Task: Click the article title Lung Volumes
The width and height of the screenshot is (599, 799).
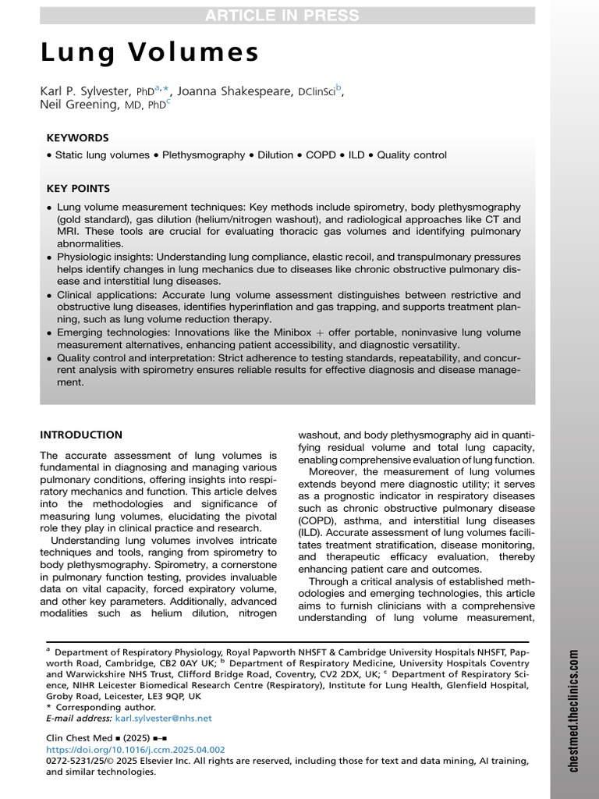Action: [149, 53]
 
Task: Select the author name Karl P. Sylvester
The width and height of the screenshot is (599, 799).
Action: [87, 91]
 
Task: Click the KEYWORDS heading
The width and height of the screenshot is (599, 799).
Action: [77, 137]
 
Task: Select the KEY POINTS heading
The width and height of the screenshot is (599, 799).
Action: [78, 189]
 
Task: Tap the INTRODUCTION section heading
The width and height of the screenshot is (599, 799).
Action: [81, 435]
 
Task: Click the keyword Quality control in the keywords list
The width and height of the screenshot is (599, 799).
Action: [412, 155]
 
